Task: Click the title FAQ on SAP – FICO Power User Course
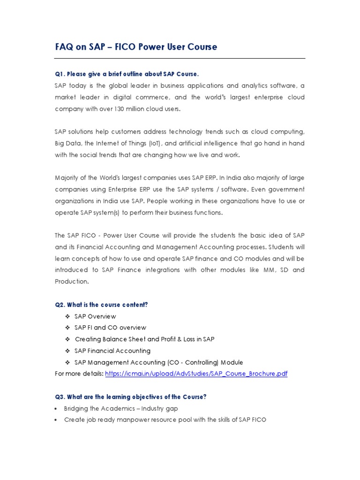coord(136,47)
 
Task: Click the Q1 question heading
coord(127,74)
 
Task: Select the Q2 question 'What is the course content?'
coord(101,305)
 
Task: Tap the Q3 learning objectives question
coord(130,397)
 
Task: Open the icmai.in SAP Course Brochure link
coord(196,374)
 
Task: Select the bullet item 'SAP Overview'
coord(95,316)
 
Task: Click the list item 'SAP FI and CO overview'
coord(110,328)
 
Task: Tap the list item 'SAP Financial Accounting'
coord(112,351)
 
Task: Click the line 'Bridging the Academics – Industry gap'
coord(121,409)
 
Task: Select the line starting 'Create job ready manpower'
coord(165,420)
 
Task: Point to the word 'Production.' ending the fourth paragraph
coord(72,282)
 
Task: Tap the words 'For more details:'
coord(79,374)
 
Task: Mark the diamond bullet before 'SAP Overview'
coord(67,316)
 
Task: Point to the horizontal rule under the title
coord(180,59)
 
